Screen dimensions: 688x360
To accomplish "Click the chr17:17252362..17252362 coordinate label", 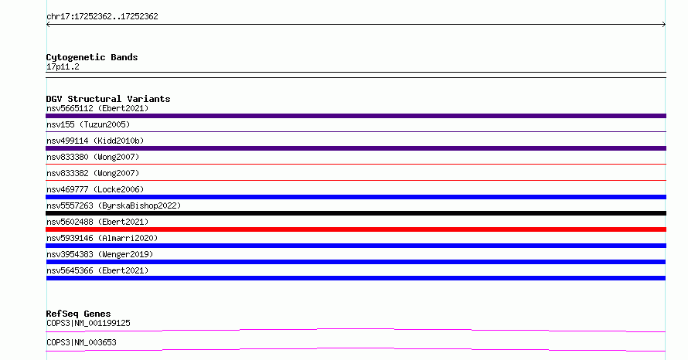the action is (x=102, y=17).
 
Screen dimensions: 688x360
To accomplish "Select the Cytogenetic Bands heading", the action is (x=92, y=57).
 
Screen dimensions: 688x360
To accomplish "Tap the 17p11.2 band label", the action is (x=63, y=66).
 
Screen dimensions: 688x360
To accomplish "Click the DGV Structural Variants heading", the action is (x=108, y=99).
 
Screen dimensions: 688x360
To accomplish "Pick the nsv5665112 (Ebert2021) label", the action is (x=97, y=108).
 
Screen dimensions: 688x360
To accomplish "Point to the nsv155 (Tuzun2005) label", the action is (x=88, y=124).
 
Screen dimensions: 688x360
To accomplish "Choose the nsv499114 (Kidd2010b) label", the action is (x=95, y=141).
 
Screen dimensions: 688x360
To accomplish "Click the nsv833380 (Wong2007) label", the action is (x=93, y=157).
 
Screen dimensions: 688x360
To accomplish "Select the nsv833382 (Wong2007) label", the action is (x=93, y=173).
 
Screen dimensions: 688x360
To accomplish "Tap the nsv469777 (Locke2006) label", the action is (x=95, y=189).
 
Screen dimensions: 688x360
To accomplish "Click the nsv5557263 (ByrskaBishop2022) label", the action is (x=114, y=205).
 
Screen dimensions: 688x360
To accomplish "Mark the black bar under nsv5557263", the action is (x=356, y=213).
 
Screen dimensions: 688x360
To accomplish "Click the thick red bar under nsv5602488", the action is (x=356, y=229).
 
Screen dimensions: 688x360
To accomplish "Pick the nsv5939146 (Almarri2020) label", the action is (x=102, y=238).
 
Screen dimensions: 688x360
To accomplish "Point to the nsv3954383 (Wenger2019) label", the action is (x=100, y=254).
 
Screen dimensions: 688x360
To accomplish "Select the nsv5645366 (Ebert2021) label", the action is (x=97, y=270).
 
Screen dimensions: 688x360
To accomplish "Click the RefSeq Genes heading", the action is (x=79, y=314).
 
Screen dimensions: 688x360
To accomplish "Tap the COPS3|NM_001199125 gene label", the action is (x=88, y=323).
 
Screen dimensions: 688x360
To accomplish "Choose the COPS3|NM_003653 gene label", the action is (x=81, y=342).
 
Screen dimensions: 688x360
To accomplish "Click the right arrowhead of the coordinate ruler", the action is (x=665, y=25).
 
